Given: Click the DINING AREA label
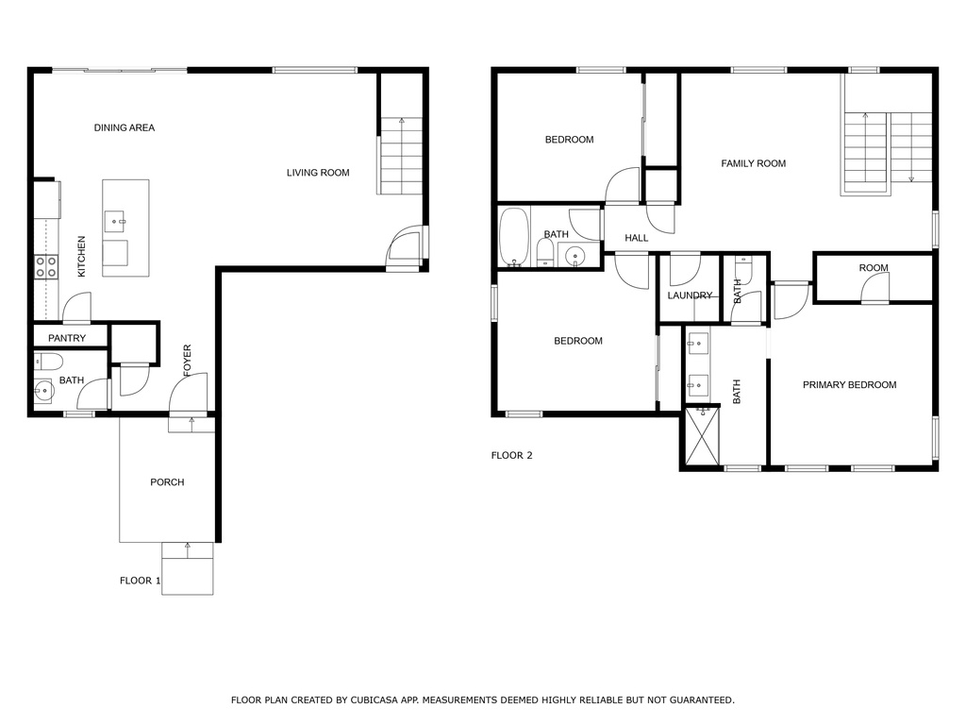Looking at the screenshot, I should (x=124, y=127).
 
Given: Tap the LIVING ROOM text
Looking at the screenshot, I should (x=318, y=173).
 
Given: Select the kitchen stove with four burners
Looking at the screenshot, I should (x=45, y=267).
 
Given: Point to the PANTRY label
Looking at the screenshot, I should (x=67, y=338).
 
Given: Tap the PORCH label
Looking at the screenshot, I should (x=167, y=482).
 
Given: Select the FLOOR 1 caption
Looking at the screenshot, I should (x=140, y=581).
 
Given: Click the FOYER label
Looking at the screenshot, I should (x=188, y=361).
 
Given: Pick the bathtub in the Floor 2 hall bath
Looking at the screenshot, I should (x=513, y=236).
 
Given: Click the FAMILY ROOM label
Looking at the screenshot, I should (x=753, y=163).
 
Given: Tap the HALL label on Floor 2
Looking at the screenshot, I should (x=637, y=238).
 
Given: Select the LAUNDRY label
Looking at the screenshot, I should (x=690, y=295).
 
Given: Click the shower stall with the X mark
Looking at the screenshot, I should (x=701, y=436).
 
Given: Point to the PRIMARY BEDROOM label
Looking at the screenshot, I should (x=849, y=384).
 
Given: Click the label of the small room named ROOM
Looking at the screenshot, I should (x=874, y=268).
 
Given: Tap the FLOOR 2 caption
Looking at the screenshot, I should (x=511, y=455).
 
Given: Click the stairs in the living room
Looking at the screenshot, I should (x=401, y=156).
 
